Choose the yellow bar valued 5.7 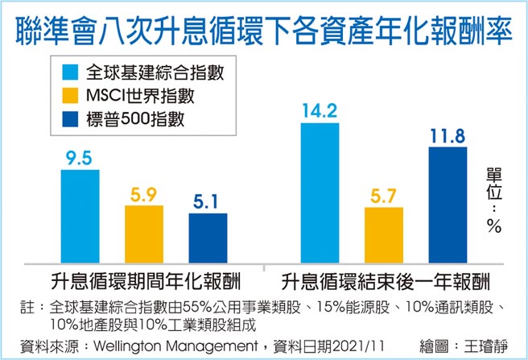click(384, 234)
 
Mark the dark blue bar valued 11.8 click(448, 205)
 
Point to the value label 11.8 click(448, 134)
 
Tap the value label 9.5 click(80, 157)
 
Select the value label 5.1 click(208, 201)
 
